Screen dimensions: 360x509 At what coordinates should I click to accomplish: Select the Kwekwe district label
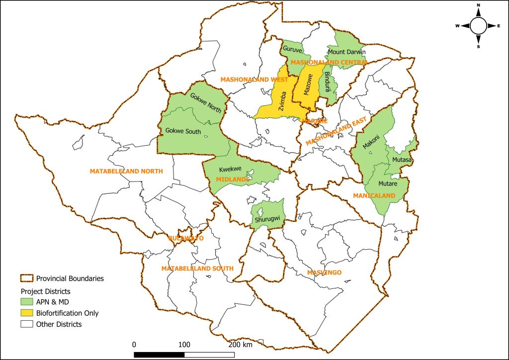[230, 170]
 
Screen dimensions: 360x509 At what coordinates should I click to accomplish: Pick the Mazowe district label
[308, 85]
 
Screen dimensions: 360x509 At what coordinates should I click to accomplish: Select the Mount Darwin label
[346, 52]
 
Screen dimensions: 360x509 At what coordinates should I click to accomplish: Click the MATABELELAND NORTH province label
[126, 171]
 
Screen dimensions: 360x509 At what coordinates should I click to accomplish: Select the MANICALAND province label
[373, 195]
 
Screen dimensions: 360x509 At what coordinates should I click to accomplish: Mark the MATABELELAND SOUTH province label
[197, 269]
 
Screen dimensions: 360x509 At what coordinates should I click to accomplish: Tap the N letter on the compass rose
[478, 5]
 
